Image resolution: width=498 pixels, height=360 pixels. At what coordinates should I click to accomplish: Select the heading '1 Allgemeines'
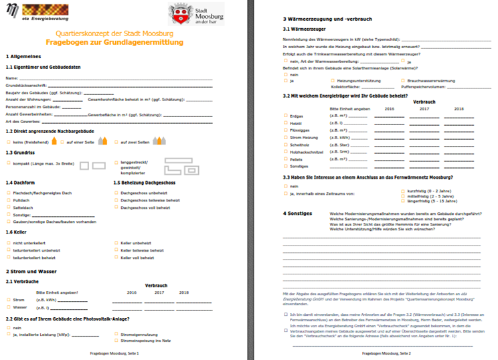tap(23, 57)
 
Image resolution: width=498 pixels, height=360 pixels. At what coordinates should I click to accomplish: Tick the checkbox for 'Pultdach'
tap(9, 199)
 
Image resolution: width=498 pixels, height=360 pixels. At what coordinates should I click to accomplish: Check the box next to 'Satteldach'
tap(9, 207)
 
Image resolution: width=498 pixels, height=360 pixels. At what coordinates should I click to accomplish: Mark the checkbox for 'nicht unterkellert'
tap(9, 243)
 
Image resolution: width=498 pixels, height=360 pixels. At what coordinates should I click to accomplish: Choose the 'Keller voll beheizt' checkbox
tap(116, 258)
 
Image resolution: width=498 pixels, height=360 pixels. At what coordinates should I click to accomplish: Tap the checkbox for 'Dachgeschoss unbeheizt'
tap(116, 192)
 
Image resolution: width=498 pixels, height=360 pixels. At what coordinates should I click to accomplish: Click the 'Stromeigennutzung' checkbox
tap(116, 333)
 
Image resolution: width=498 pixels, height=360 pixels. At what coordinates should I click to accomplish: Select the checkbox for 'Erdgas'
tap(286, 116)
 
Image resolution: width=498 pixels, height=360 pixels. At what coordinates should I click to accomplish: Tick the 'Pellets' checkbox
tap(286, 159)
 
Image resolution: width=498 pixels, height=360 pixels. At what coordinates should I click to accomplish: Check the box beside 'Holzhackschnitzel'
tap(286, 152)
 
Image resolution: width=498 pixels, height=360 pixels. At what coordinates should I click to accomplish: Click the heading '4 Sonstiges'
tap(298, 213)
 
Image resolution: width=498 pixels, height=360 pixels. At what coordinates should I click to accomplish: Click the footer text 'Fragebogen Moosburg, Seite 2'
tap(386, 353)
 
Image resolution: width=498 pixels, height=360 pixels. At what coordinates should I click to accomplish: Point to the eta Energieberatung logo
tap(30, 13)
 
